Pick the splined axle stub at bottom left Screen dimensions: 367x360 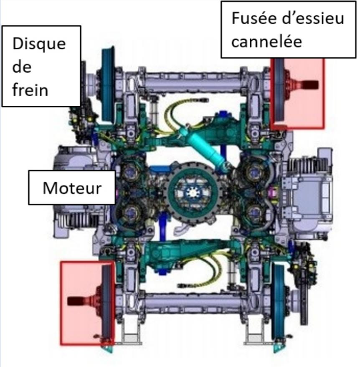tap(77, 300)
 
